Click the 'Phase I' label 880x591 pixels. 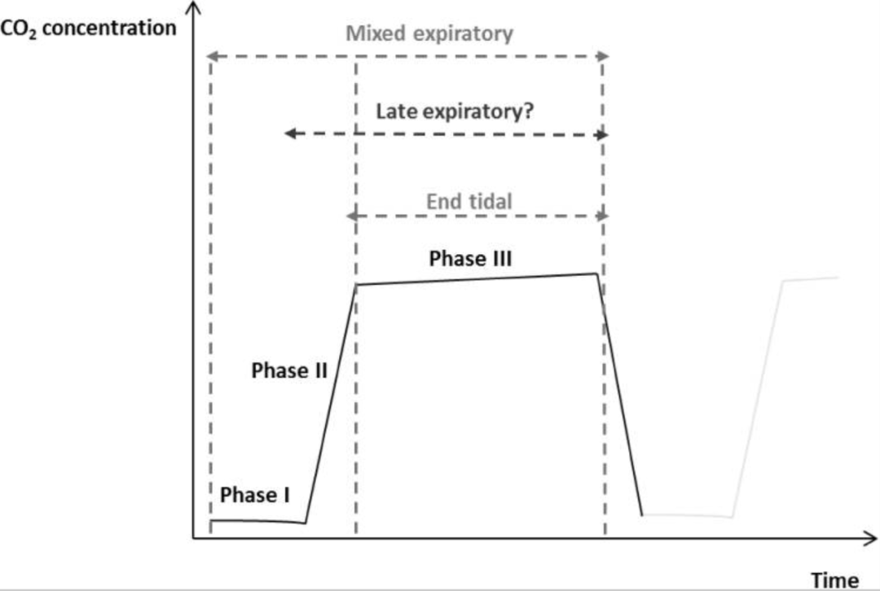click(255, 495)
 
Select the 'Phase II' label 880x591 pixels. click(289, 371)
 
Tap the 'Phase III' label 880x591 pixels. click(470, 259)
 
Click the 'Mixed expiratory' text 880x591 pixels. click(429, 34)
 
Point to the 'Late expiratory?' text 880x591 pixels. click(455, 111)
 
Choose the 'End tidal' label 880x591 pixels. click(469, 200)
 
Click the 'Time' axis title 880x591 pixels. click(834, 580)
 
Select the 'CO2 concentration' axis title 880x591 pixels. click(89, 28)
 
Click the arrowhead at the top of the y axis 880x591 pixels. click(193, 8)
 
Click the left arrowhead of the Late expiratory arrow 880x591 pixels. click(288, 134)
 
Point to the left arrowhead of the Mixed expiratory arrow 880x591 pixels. click(209, 56)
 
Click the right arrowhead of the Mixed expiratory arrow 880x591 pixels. click(604, 56)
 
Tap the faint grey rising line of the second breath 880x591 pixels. click(758, 399)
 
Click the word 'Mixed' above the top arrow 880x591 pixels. click(374, 34)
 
